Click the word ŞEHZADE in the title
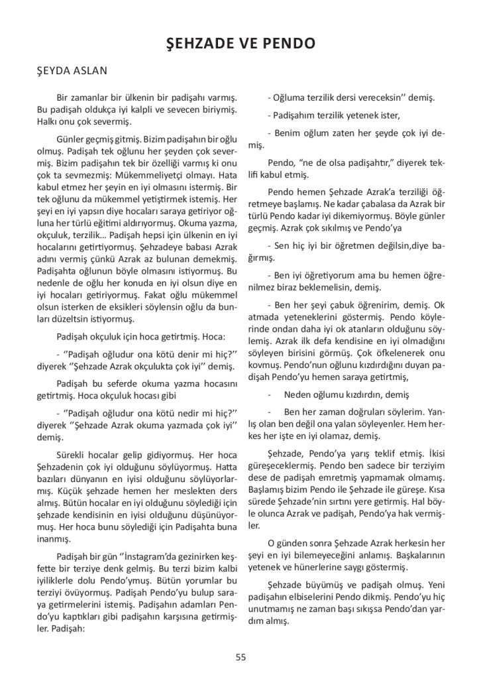(x=199, y=44)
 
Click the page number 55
(x=240, y=657)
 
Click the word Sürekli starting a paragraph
(x=75, y=455)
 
